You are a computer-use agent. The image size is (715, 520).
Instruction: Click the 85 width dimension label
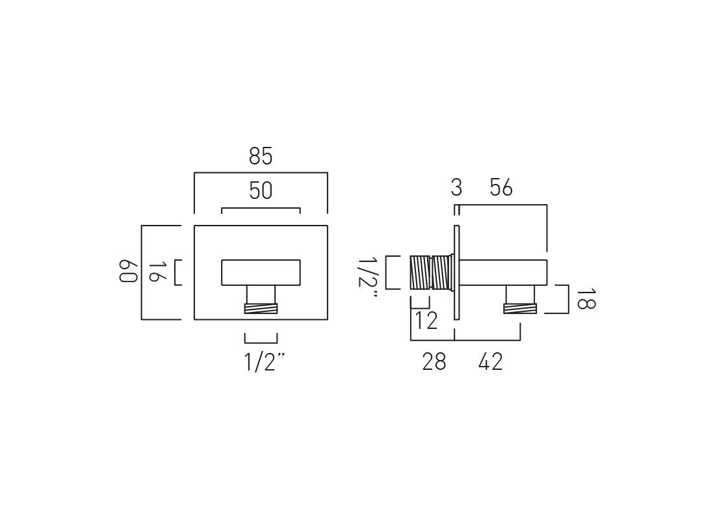tap(261, 157)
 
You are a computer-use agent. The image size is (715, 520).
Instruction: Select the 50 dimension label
tap(261, 191)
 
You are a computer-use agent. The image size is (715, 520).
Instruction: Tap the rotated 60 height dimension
tap(128, 272)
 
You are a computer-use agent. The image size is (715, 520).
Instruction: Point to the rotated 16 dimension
tap(153, 272)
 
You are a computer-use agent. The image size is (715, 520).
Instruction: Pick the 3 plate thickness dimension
tap(456, 188)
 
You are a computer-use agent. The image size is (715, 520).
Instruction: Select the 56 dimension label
tap(501, 188)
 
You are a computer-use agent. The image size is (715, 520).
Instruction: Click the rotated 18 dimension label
tap(584, 299)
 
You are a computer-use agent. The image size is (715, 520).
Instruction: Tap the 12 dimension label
tap(426, 321)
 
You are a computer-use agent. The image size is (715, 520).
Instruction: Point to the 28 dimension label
tap(434, 362)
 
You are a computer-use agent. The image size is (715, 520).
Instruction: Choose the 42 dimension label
tap(491, 362)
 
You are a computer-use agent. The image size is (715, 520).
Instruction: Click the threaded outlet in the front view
tap(261, 309)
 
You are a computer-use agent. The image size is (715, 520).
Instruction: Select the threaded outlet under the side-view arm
tap(520, 309)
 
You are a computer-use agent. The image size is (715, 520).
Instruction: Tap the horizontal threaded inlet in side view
tap(430, 272)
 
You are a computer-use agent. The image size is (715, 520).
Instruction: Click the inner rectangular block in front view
tap(261, 272)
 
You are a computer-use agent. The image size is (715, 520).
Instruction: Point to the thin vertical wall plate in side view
tap(457, 272)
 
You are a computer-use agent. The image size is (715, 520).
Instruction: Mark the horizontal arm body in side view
tap(504, 272)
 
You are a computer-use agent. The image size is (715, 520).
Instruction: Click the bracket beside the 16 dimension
tap(177, 272)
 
